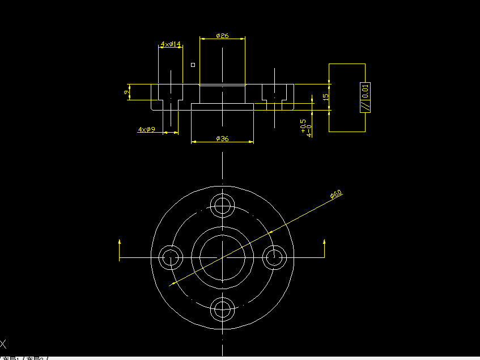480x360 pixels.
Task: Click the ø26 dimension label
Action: [222, 36]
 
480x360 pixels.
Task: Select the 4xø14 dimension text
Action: [171, 44]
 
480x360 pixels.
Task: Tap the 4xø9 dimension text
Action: [147, 130]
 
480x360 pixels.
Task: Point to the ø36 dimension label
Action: [222, 138]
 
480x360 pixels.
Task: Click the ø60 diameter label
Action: [336, 195]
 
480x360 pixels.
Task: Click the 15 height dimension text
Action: [325, 96]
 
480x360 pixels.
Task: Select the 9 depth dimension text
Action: [126, 92]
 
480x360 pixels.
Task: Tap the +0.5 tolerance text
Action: [303, 125]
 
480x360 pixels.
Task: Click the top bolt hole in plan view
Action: [223, 205]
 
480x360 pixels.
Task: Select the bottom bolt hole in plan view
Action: [223, 310]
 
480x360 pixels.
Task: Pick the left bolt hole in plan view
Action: [170, 258]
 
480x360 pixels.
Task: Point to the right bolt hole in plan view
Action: [275, 257]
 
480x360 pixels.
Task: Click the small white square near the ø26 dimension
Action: [193, 65]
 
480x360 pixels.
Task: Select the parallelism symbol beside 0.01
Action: [366, 105]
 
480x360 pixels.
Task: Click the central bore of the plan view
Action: [223, 258]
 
